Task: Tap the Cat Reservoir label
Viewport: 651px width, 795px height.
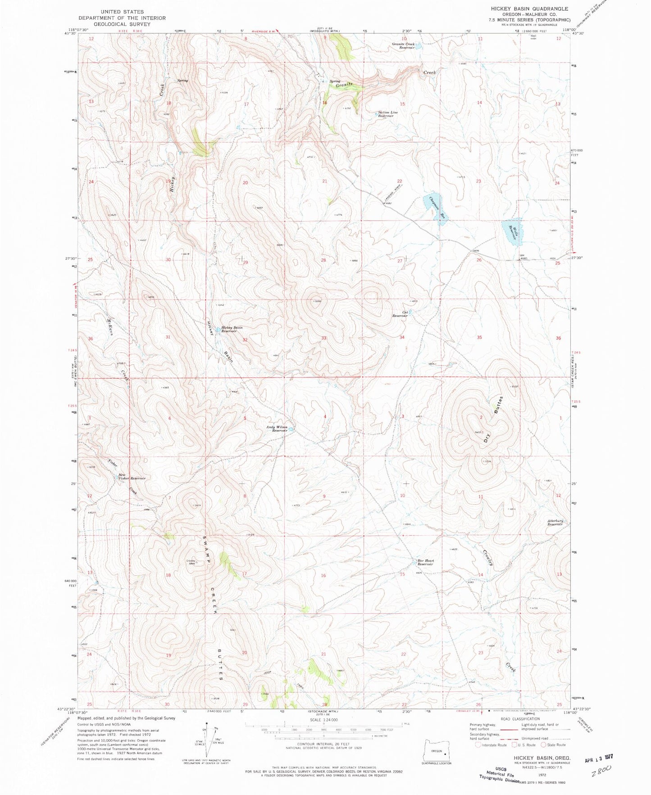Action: pyautogui.click(x=400, y=314)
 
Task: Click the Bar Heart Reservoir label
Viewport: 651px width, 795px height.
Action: pyautogui.click(x=425, y=562)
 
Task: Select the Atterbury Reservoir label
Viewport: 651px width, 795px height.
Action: pyautogui.click(x=555, y=523)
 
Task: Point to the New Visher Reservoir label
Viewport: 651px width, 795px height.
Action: pyautogui.click(x=132, y=477)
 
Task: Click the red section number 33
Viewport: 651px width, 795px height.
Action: pyautogui.click(x=323, y=338)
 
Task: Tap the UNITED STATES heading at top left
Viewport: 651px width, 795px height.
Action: pyautogui.click(x=122, y=12)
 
